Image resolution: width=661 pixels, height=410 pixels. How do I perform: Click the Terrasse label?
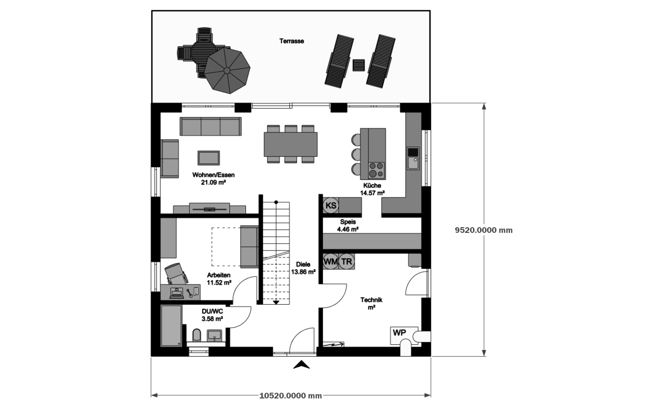pos(292,41)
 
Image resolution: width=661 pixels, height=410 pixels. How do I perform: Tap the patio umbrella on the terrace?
pos(227,70)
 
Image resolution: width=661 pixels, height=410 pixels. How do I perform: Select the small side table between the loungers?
pos(358,65)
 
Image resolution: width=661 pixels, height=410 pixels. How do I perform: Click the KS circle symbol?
pos(331,206)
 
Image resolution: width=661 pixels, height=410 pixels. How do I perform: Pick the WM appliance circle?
pos(331,262)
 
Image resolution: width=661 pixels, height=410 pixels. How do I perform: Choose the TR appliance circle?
pos(346,262)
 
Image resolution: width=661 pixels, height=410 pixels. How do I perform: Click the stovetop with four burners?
pos(377,170)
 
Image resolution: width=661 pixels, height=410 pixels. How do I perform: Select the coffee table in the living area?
pos(208,158)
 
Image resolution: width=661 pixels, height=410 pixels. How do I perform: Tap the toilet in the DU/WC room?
pos(197,335)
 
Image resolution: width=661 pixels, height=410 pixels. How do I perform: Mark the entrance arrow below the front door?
pos(301,365)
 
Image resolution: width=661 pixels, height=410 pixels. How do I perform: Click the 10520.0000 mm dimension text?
pos(290,396)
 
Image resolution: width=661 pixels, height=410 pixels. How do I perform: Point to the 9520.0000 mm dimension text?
pos(484,230)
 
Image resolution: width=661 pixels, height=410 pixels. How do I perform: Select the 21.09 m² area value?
pos(213,182)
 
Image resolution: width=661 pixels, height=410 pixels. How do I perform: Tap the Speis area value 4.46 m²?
pos(348,229)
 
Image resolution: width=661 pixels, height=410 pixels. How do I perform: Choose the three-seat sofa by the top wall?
pos(210,126)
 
